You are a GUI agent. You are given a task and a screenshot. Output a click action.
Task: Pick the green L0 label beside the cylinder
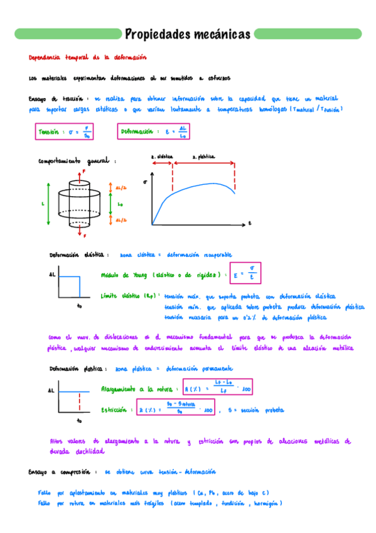[120, 204]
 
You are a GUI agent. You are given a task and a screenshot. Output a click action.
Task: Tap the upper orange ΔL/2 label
[121, 187]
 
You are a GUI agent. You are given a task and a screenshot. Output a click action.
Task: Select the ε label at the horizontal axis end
[249, 223]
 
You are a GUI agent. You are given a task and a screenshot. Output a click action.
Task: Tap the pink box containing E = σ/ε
[247, 275]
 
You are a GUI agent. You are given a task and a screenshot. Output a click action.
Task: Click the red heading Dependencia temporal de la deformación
[87, 57]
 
